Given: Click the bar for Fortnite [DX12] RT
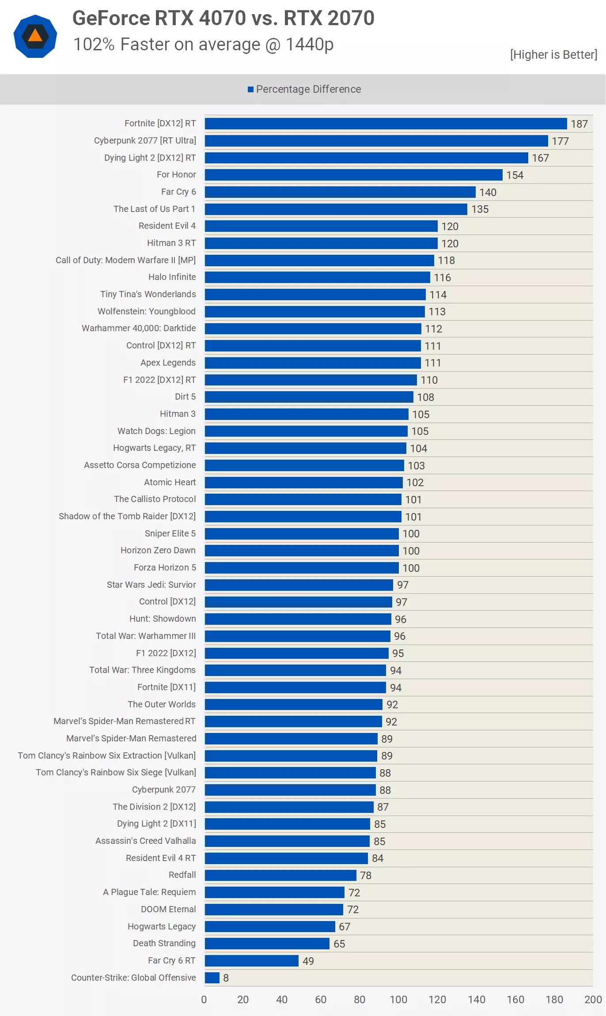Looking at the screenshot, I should click(x=386, y=124).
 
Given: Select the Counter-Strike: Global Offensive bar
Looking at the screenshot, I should click(x=212, y=978).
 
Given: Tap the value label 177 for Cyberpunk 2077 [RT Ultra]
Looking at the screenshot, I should click(x=560, y=141).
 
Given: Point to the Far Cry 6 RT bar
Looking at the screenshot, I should click(x=252, y=961).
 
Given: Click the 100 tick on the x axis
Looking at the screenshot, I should click(x=398, y=999).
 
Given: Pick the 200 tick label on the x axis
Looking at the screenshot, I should click(x=593, y=999).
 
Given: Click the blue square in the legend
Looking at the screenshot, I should click(x=250, y=90).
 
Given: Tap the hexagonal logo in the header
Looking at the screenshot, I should click(x=35, y=36).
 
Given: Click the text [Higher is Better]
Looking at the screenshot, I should click(x=553, y=54).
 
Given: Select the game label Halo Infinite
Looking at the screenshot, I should click(x=172, y=277).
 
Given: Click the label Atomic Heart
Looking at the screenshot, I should click(x=170, y=482).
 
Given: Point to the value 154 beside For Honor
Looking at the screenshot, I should click(x=515, y=175).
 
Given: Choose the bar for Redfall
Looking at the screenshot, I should click(x=280, y=875).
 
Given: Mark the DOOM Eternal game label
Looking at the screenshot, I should click(x=168, y=909).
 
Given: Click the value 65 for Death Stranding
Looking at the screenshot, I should click(x=339, y=944).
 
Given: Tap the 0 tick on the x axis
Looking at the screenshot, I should click(x=204, y=999).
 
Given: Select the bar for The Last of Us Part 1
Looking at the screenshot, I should click(x=336, y=209).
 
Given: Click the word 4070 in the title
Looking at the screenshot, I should click(x=222, y=18).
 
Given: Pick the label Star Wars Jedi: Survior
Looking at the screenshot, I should click(x=151, y=585).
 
